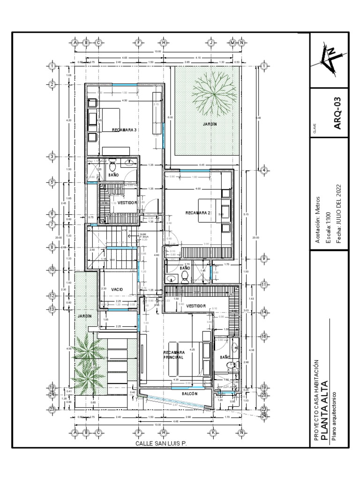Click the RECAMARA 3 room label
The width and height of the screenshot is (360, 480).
coord(124,130)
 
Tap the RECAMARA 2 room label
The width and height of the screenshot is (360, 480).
coord(198,213)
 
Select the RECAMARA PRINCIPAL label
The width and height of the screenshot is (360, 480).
coord(173,354)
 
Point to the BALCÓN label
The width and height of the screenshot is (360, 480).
coord(187,394)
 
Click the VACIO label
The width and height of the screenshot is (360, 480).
coord(117,290)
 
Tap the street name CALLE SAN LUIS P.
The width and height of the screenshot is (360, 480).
coord(161,443)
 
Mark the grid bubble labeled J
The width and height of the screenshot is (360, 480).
coord(211,43)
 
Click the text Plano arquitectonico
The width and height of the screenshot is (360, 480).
coord(334,416)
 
